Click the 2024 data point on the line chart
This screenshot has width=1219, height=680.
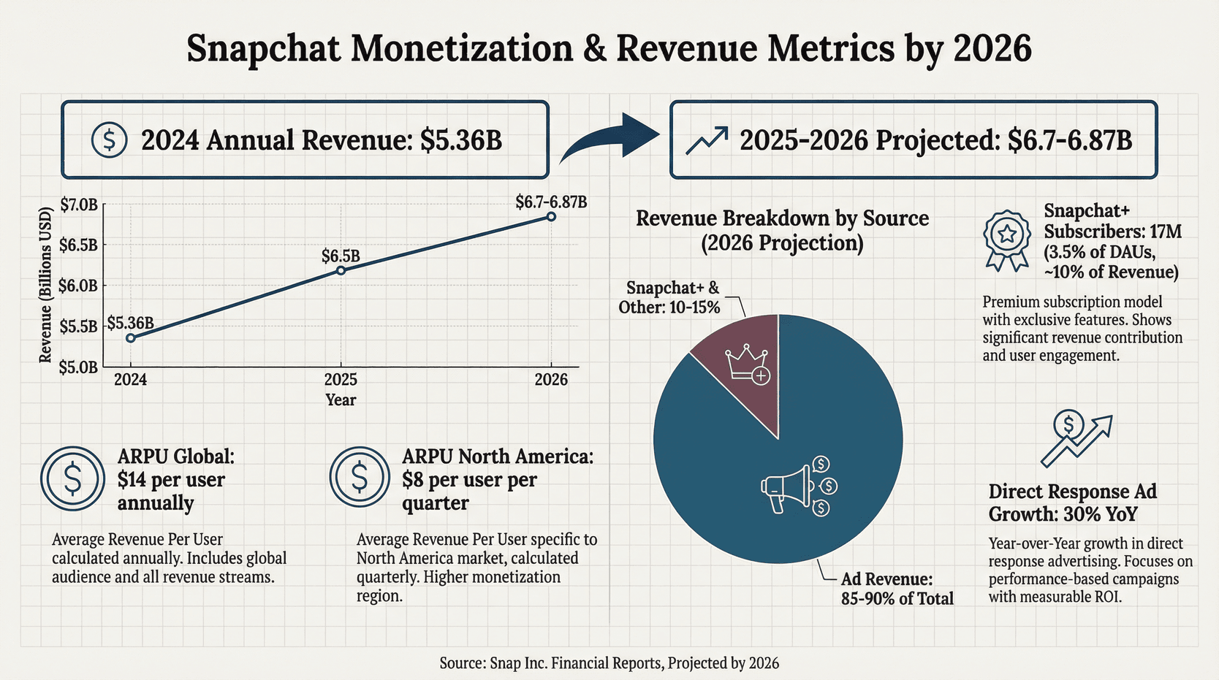pos(131,338)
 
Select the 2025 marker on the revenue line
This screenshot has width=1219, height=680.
pos(341,270)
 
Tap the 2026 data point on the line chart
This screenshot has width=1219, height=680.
pos(551,216)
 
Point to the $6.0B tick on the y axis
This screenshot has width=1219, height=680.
pos(78,286)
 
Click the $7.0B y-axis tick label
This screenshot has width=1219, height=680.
pos(78,205)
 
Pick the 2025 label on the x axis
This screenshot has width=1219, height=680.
pos(341,380)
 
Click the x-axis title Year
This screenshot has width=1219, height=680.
pos(341,400)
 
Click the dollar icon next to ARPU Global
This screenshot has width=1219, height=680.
pos(73,478)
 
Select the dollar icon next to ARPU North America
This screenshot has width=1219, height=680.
pos(359,477)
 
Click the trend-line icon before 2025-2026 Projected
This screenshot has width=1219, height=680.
pos(707,140)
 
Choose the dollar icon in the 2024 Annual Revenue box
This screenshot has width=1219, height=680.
pos(110,140)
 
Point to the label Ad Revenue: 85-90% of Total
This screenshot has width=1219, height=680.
pos(897,589)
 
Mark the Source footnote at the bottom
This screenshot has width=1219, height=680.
pos(609,663)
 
